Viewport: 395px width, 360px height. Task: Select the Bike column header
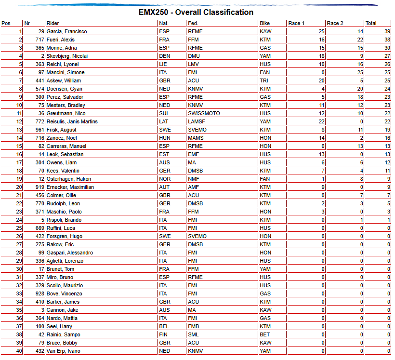pyautogui.click(x=264, y=23)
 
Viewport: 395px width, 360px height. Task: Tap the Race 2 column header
pyautogui.click(x=335, y=23)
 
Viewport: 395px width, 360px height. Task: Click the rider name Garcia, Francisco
pyautogui.click(x=66, y=31)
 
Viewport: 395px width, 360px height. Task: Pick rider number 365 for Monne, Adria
pyautogui.click(x=39, y=48)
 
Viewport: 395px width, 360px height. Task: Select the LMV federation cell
pyautogui.click(x=193, y=64)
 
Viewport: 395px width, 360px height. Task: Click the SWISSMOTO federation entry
pyautogui.click(x=204, y=113)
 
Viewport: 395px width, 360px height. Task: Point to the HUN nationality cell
pyautogui.click(x=165, y=138)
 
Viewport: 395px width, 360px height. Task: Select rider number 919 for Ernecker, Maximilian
pyautogui.click(x=39, y=187)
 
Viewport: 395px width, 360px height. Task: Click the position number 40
pyautogui.click(x=19, y=351)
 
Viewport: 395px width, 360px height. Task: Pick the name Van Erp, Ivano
pyautogui.click(x=64, y=351)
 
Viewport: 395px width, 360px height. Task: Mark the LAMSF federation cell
pyautogui.click(x=196, y=121)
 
